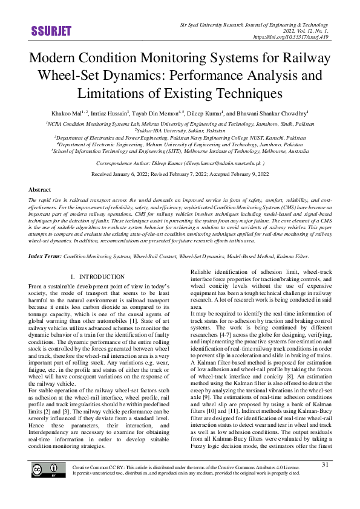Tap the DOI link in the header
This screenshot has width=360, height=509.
[293, 37]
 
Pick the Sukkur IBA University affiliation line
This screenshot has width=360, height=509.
[179, 130]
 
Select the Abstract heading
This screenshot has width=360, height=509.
[39, 189]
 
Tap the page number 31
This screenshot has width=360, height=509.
[325, 482]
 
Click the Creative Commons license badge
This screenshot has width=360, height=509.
[49, 487]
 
